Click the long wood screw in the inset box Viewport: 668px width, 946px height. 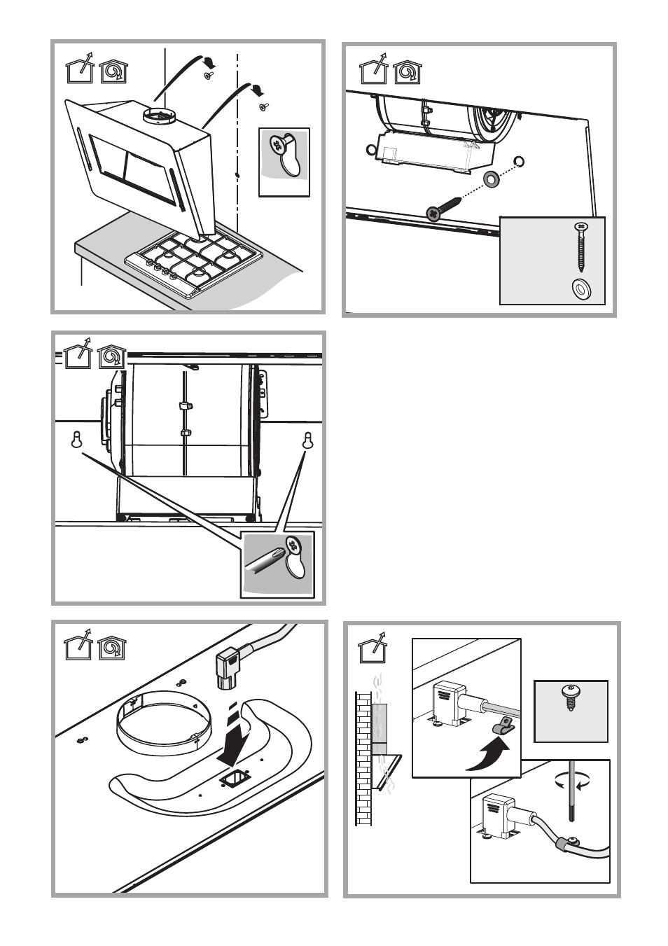pos(580,249)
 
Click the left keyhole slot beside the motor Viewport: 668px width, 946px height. pos(78,441)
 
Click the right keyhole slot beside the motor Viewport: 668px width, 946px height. pos(307,441)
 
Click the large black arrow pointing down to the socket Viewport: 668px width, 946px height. pos(233,740)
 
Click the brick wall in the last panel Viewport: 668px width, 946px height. pos(363,756)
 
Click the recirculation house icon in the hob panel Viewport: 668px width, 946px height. pos(113,70)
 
